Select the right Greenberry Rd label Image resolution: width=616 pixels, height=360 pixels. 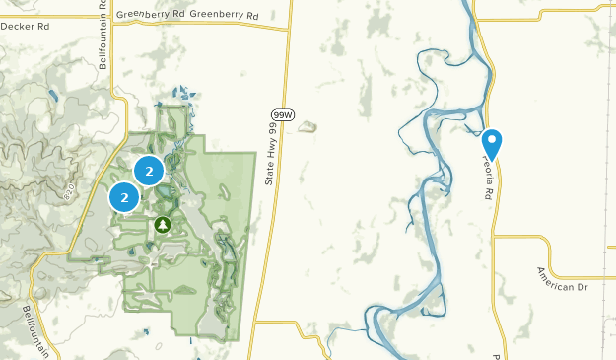(x=224, y=16)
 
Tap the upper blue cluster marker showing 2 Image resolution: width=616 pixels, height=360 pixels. (x=149, y=171)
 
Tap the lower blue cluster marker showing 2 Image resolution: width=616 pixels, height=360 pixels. (x=125, y=197)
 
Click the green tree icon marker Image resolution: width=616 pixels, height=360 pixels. (x=163, y=226)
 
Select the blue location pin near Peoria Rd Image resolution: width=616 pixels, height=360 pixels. (x=492, y=144)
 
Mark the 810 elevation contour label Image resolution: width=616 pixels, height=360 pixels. (x=69, y=196)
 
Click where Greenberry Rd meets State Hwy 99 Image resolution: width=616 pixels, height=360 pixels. (x=290, y=28)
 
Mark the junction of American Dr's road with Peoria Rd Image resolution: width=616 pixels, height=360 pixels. (x=496, y=237)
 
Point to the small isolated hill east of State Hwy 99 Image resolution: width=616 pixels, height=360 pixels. (x=308, y=126)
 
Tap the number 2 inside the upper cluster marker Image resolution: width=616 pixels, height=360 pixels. (x=149, y=171)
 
